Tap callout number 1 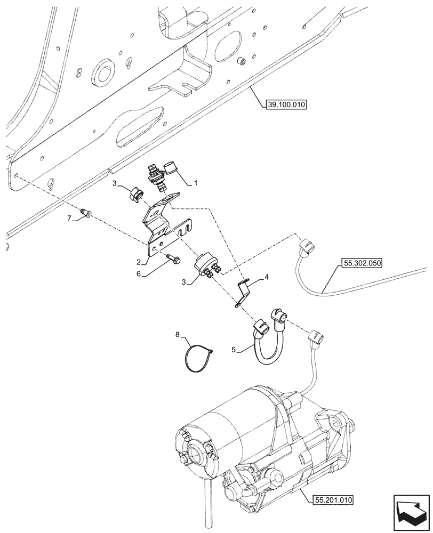(x=196, y=183)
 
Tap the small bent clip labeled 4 (x=243, y=293)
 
